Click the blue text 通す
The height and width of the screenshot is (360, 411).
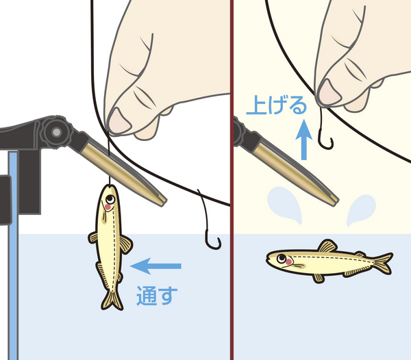coord(157,296)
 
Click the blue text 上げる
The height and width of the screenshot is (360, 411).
coord(277,105)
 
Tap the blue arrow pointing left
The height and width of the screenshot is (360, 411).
coord(155,266)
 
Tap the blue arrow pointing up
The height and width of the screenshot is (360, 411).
coord(303,140)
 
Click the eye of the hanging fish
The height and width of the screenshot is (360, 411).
coord(110,199)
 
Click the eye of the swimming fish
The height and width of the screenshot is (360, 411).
coord(282,259)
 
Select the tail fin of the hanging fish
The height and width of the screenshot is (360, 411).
coord(112,300)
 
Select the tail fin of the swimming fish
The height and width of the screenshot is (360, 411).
coord(383,263)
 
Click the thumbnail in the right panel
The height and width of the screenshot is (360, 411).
coord(329,92)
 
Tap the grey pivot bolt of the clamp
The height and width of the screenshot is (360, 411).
coord(57,132)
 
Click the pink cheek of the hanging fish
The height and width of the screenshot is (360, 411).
coord(108,207)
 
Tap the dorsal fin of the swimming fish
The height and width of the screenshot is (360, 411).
coord(327,246)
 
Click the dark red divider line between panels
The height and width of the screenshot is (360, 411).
coord(232,180)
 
